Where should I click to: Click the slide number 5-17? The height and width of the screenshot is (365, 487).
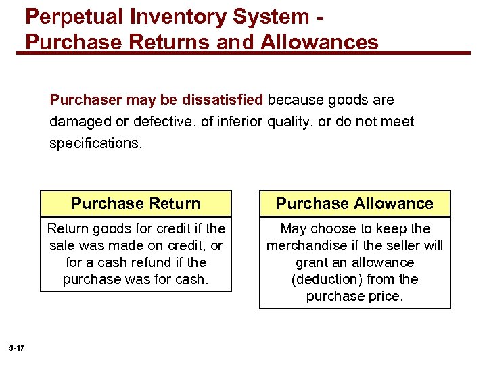click(x=17, y=348)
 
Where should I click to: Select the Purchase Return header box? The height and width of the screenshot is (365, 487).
click(x=136, y=203)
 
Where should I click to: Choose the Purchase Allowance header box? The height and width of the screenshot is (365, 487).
click(x=355, y=203)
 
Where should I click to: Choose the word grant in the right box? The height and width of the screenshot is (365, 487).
click(x=310, y=262)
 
